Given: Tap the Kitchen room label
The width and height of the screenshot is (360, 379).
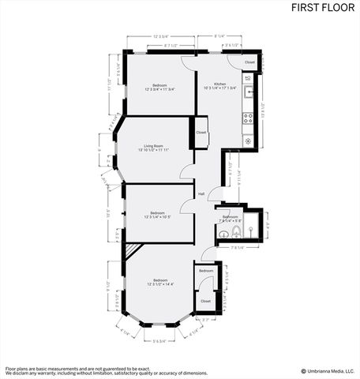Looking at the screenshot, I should (x=220, y=84).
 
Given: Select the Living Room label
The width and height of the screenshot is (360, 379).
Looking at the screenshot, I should (x=153, y=145).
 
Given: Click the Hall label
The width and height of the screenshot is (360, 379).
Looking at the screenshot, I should (x=201, y=193).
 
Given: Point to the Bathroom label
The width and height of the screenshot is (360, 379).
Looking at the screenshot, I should (x=231, y=216).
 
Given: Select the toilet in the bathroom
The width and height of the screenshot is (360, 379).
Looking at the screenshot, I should (x=223, y=235).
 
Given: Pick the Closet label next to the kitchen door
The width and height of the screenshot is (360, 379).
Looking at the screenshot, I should (x=249, y=62).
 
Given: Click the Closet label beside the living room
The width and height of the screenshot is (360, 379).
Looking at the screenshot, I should (x=201, y=132).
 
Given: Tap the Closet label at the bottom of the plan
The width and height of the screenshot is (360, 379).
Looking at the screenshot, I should (x=206, y=301).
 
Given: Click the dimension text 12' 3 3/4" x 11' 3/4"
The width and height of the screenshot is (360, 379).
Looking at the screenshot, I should (x=159, y=89).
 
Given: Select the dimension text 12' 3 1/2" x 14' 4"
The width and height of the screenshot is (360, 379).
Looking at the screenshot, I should (x=160, y=284).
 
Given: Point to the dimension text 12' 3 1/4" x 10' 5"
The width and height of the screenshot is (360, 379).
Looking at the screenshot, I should (x=159, y=216).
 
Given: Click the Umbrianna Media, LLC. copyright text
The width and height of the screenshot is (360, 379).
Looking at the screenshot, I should (x=328, y=370).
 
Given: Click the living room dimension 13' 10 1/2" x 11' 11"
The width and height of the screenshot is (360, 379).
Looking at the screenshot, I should (x=153, y=150).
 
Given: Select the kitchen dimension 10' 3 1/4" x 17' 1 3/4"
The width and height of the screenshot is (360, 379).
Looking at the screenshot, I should (x=220, y=88).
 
